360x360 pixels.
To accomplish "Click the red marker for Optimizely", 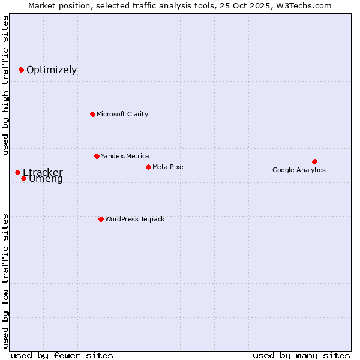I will pos(21,70).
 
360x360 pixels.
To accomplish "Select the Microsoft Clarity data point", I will pos(92,114).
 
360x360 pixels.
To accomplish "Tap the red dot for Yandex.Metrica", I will pos(97,156).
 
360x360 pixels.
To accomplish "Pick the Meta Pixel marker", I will pos(148,167).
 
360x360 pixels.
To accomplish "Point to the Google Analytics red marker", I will pos(314,161).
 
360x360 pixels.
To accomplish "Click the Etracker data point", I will pos(17,172).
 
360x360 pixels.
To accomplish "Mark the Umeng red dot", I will pos(23,178).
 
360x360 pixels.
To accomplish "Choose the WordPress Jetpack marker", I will pos(101,219).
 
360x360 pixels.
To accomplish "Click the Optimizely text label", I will pos(52,70).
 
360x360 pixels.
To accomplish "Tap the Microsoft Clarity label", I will pos(122,114).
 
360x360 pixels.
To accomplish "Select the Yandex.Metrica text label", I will pos(125,156).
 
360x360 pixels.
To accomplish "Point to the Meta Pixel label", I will pos(169,167).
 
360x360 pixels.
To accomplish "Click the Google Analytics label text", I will pos(299,170).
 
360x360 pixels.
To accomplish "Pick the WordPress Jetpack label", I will pos(134,219).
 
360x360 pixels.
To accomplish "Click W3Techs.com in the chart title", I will pos(307,5).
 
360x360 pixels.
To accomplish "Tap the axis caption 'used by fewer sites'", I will pos(62,355).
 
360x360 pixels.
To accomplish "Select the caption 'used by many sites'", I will pos(301,355).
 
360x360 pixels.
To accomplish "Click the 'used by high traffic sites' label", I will pos(5,86).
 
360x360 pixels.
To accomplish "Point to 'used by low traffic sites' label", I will pos(5,280).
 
